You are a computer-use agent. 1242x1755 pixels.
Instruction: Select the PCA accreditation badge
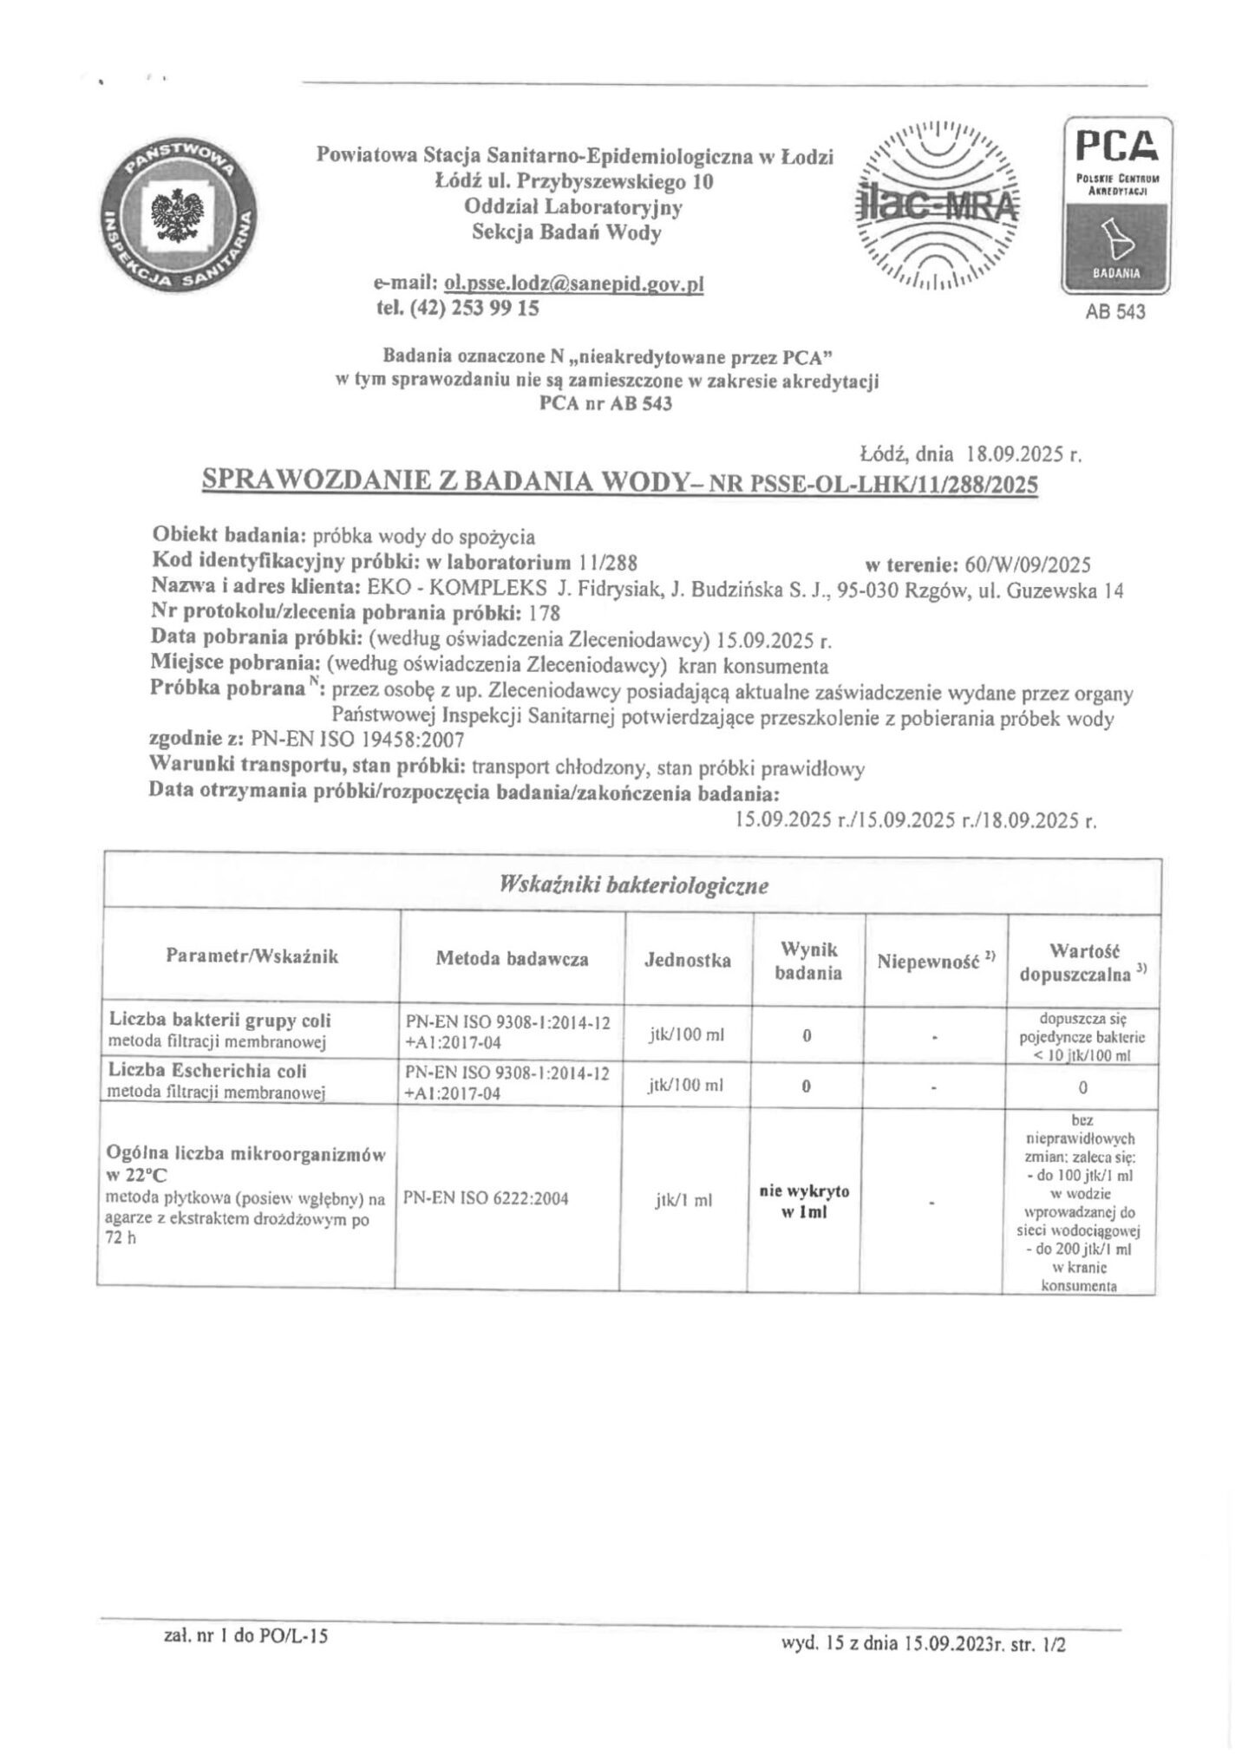coord(1115,205)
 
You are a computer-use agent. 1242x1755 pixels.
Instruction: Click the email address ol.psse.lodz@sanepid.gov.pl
coord(572,284)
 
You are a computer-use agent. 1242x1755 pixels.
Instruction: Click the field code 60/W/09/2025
coord(1026,565)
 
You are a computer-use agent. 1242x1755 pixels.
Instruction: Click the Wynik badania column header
coord(807,960)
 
